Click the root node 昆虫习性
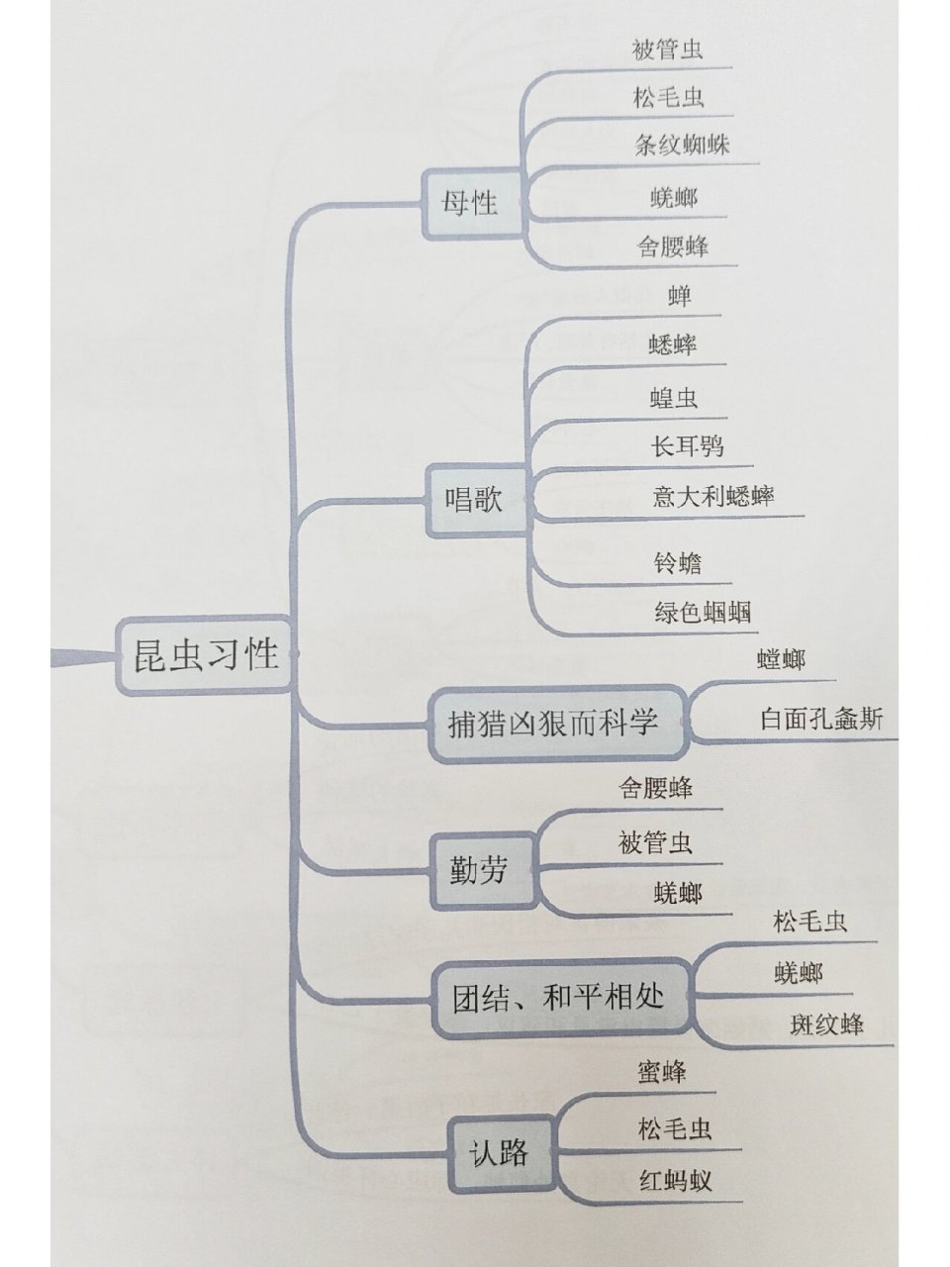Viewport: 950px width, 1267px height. pyautogui.click(x=207, y=654)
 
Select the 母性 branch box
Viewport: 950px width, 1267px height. pyautogui.click(x=471, y=204)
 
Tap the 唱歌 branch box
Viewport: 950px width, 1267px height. pyautogui.click(x=473, y=499)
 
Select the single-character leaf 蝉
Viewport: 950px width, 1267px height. pyautogui.click(x=680, y=295)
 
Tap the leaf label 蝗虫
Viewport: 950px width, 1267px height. pyautogui.click(x=674, y=398)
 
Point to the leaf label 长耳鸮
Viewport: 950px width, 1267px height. pyautogui.click(x=686, y=446)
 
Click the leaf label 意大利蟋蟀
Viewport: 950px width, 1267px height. pyautogui.click(x=712, y=496)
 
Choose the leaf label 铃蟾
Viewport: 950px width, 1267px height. pyautogui.click(x=678, y=564)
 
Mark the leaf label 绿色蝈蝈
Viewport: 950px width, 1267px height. pyautogui.click(x=703, y=612)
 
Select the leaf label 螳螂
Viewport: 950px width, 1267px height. pyautogui.click(x=781, y=659)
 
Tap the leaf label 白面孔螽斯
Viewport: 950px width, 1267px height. pyautogui.click(x=821, y=719)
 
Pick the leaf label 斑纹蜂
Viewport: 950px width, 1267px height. pyautogui.click(x=826, y=1023)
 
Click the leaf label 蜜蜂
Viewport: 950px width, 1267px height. pyautogui.click(x=662, y=1071)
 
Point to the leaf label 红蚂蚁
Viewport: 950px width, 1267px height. pyautogui.click(x=675, y=1180)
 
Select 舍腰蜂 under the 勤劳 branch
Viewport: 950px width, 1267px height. pyautogui.click(x=655, y=788)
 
